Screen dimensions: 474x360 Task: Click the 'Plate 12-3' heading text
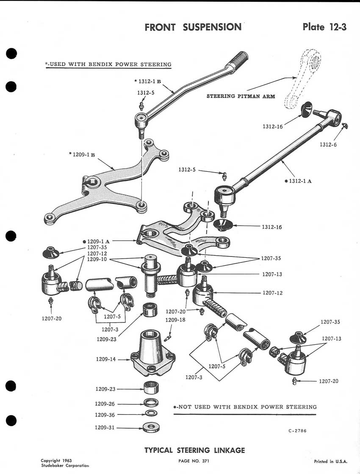tap(324, 27)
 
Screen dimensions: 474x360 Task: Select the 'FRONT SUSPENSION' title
tap(193, 27)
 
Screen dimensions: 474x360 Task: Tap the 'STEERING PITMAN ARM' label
tap(241, 96)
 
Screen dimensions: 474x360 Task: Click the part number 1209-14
tap(106, 359)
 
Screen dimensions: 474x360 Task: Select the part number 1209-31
tap(105, 427)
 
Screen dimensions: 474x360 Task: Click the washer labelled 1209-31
tap(151, 427)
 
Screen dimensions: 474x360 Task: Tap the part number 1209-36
tap(105, 415)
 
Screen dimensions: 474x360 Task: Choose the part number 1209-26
tap(105, 404)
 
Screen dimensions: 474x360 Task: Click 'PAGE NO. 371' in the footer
tap(194, 461)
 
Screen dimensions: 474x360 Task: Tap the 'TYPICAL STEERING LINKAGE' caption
tap(194, 450)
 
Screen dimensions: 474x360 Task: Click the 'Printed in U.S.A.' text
tap(330, 461)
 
